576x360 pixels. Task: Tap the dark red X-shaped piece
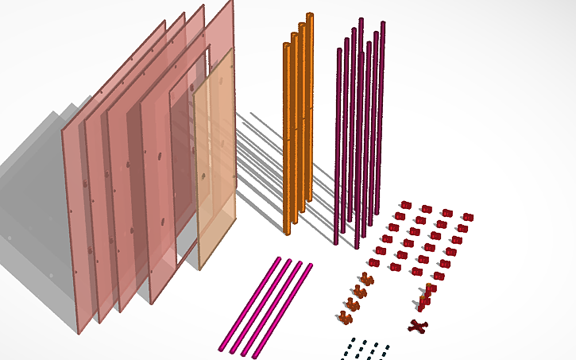(x=418, y=325)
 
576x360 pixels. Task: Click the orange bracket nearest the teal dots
(x=345, y=317)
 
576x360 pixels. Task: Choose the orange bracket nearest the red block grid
(x=366, y=278)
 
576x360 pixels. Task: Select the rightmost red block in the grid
(x=467, y=216)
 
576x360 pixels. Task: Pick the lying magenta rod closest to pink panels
(x=249, y=302)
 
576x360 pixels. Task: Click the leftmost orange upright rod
(x=286, y=135)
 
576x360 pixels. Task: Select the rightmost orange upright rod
(x=309, y=111)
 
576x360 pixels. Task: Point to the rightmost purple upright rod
(x=382, y=119)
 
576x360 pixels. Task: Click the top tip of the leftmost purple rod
(x=339, y=49)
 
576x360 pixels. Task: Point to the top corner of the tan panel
(x=232, y=49)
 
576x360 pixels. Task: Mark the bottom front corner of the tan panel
(x=199, y=267)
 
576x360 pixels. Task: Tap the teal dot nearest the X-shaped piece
(x=387, y=347)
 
